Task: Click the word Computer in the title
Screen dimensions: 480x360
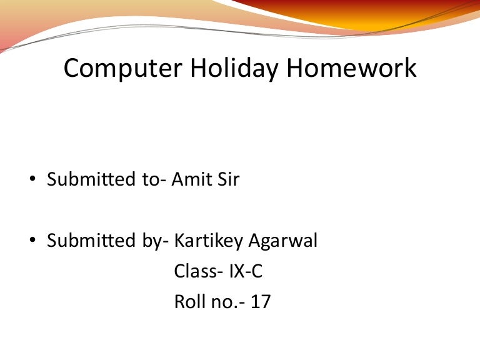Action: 123,69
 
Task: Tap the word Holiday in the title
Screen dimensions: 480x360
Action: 234,69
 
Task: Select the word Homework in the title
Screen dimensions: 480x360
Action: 351,67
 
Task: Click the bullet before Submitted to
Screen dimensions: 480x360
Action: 32,178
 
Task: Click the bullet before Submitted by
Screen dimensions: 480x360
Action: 32,240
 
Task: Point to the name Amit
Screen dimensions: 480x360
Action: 191,179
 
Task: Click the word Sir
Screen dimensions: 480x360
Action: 228,179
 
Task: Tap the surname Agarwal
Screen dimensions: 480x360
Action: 283,241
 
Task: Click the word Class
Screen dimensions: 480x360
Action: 196,271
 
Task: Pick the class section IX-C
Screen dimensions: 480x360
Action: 246,271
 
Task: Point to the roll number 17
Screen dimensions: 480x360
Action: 261,301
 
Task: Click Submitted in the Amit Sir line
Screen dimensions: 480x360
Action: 91,179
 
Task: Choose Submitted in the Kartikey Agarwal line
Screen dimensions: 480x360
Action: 91,240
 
